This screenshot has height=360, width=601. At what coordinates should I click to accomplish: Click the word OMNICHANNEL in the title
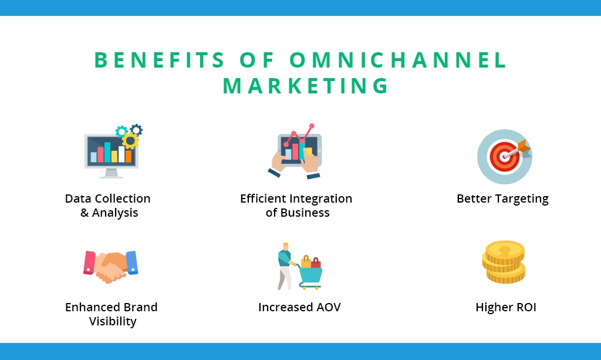click(x=399, y=60)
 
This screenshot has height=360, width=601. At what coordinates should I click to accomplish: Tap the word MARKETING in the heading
click(x=306, y=86)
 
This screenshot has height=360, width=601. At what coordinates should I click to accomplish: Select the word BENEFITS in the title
click(x=160, y=60)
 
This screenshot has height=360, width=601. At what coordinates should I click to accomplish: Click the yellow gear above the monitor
click(x=130, y=141)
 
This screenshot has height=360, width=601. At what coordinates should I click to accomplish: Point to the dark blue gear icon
click(x=136, y=130)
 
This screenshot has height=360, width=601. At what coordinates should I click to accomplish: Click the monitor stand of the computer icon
click(x=111, y=174)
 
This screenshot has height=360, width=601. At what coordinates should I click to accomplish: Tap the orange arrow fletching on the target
click(x=524, y=147)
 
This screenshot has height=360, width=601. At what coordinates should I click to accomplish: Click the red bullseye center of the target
click(x=503, y=156)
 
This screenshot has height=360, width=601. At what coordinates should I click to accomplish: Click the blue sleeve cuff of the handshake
click(x=131, y=263)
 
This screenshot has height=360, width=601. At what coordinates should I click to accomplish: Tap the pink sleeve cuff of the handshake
click(x=89, y=263)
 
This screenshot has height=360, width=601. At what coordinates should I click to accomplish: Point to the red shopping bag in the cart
click(x=316, y=263)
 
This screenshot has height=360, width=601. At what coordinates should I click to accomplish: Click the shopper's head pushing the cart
click(x=286, y=246)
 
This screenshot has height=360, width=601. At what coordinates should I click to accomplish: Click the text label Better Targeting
click(x=502, y=198)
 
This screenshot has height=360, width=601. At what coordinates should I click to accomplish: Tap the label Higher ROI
click(x=505, y=307)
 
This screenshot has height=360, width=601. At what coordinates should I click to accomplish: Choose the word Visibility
click(x=113, y=321)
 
